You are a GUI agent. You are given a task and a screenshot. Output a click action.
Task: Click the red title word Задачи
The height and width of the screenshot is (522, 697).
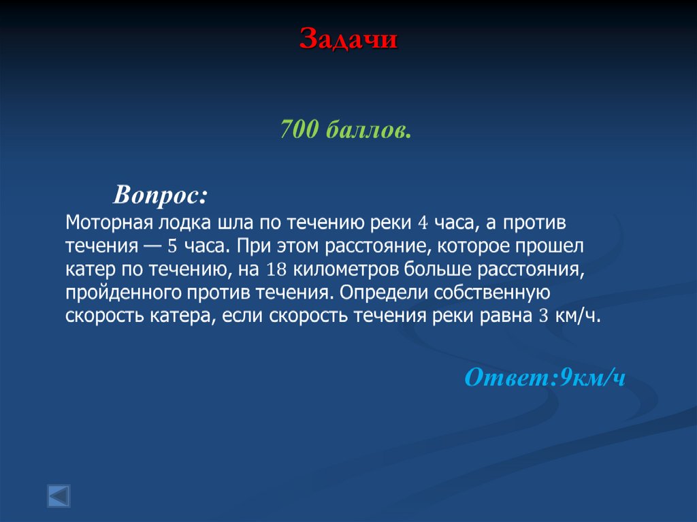click(x=348, y=39)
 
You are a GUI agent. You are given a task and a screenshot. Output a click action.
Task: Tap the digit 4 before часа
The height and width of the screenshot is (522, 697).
click(x=422, y=223)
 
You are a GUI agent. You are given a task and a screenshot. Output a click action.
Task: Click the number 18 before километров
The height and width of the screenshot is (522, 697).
click(x=276, y=269)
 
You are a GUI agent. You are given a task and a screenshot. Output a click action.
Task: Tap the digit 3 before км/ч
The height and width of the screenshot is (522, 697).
click(x=543, y=316)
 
